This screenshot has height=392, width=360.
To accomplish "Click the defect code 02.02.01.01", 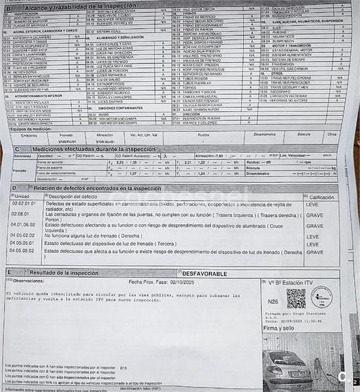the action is [x=23, y=204].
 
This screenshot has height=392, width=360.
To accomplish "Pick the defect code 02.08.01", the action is [x=20, y=214].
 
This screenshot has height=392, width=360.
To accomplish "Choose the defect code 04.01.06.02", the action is [x=23, y=225].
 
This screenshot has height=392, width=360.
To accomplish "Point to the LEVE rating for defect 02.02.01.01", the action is [x=312, y=204].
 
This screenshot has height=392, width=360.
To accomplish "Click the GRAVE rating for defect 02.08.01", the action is [x=314, y=214].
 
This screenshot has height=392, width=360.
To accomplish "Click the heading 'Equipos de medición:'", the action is [x=31, y=129].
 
